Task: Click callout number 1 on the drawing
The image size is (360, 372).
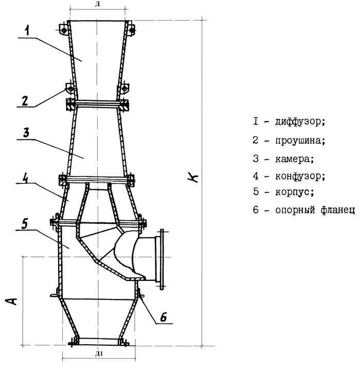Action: tap(28, 30)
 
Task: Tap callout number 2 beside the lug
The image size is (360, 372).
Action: tap(25, 101)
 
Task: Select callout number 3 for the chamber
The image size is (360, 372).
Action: tap(26, 133)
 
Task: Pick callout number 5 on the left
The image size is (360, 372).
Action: tap(24, 224)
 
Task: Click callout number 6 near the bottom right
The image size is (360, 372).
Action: tap(163, 317)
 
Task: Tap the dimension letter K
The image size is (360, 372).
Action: tap(193, 177)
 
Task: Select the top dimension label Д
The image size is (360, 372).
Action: tap(97, 5)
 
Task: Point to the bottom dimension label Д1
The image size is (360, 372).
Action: tap(99, 354)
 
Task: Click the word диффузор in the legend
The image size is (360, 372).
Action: tap(300, 122)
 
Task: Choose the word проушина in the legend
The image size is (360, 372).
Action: tap(300, 140)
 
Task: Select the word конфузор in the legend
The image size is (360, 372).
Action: tap(300, 176)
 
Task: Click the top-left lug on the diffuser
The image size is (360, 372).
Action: tap(63, 29)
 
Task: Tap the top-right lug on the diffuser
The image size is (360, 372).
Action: tap(131, 29)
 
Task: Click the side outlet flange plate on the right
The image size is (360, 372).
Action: tap(161, 259)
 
